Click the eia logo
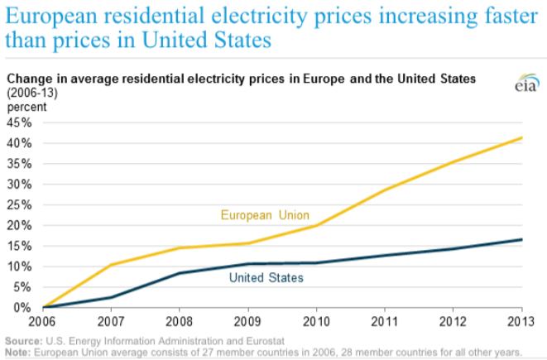(526, 85)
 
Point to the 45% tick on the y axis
(19, 122)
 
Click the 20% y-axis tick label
(19, 225)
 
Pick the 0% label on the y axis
(22, 308)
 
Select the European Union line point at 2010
(315, 225)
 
